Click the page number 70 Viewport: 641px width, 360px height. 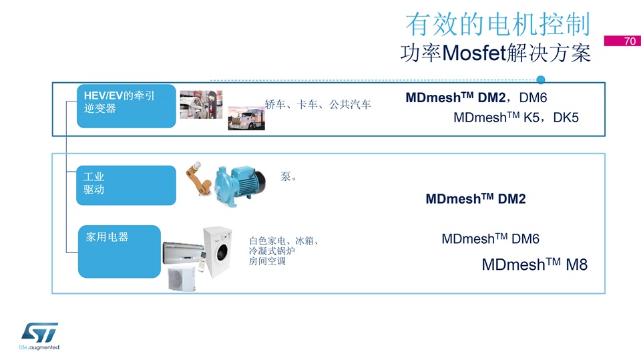coord(630,41)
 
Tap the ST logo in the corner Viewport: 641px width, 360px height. coord(39,335)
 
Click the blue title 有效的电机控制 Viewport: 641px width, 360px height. coord(498,24)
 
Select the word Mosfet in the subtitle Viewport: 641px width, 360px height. coord(474,53)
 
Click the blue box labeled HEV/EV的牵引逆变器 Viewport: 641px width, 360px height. coord(126,106)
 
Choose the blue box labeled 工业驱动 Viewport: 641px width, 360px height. coord(126,185)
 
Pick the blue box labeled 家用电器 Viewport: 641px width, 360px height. coord(120,251)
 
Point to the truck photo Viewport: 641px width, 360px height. coord(246,118)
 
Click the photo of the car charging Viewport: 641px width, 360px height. coord(201,105)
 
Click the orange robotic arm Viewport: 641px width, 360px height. coord(198,179)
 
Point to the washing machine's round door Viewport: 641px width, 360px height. coord(222,251)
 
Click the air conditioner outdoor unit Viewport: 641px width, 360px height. coord(182,279)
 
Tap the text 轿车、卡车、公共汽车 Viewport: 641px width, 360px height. coord(318,105)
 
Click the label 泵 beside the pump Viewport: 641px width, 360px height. coord(285,176)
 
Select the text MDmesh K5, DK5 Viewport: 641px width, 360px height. coord(516,118)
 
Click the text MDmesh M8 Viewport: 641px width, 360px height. coord(534,264)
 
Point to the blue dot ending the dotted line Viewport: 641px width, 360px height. coord(540,79)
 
